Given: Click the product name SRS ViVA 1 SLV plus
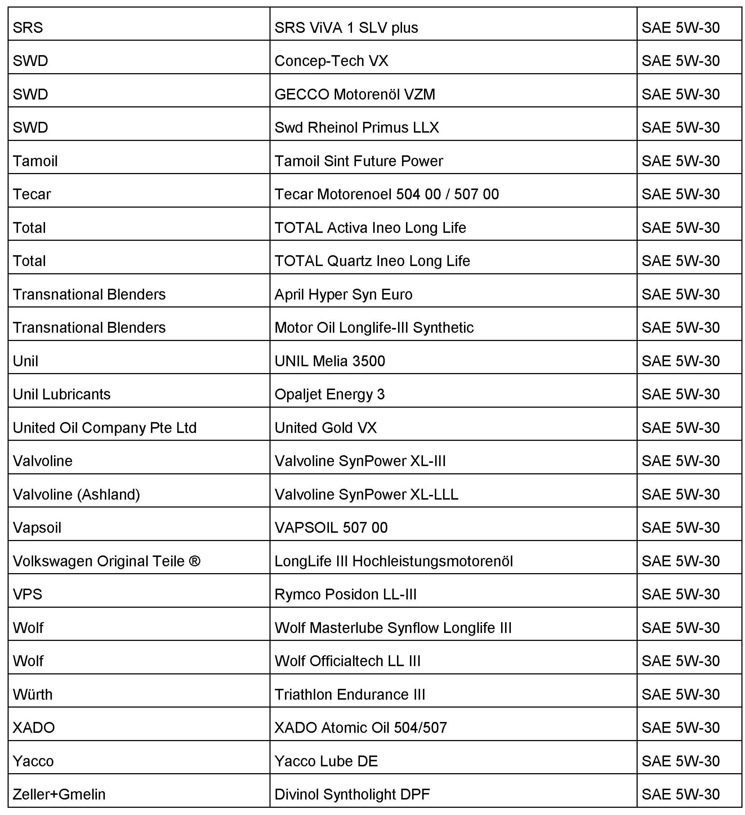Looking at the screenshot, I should point(346,27).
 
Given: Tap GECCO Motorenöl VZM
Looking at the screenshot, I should point(354,94).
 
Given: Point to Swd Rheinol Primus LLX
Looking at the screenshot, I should point(356,128).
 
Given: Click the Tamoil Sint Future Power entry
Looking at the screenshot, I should point(358,161).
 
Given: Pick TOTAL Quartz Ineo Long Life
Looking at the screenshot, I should point(372,261).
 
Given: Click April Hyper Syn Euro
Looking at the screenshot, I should point(343,294).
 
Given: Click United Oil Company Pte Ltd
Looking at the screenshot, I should point(104,428).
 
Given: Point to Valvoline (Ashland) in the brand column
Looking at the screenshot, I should point(76,495).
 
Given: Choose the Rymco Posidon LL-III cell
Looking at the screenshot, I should point(345,594).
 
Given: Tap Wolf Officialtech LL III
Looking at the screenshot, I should point(347,661).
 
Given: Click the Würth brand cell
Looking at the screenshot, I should point(32,695).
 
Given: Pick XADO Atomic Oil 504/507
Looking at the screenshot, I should point(360,728).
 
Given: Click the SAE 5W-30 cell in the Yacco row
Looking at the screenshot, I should point(681,761).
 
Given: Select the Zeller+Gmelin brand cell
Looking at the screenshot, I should point(59,794).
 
